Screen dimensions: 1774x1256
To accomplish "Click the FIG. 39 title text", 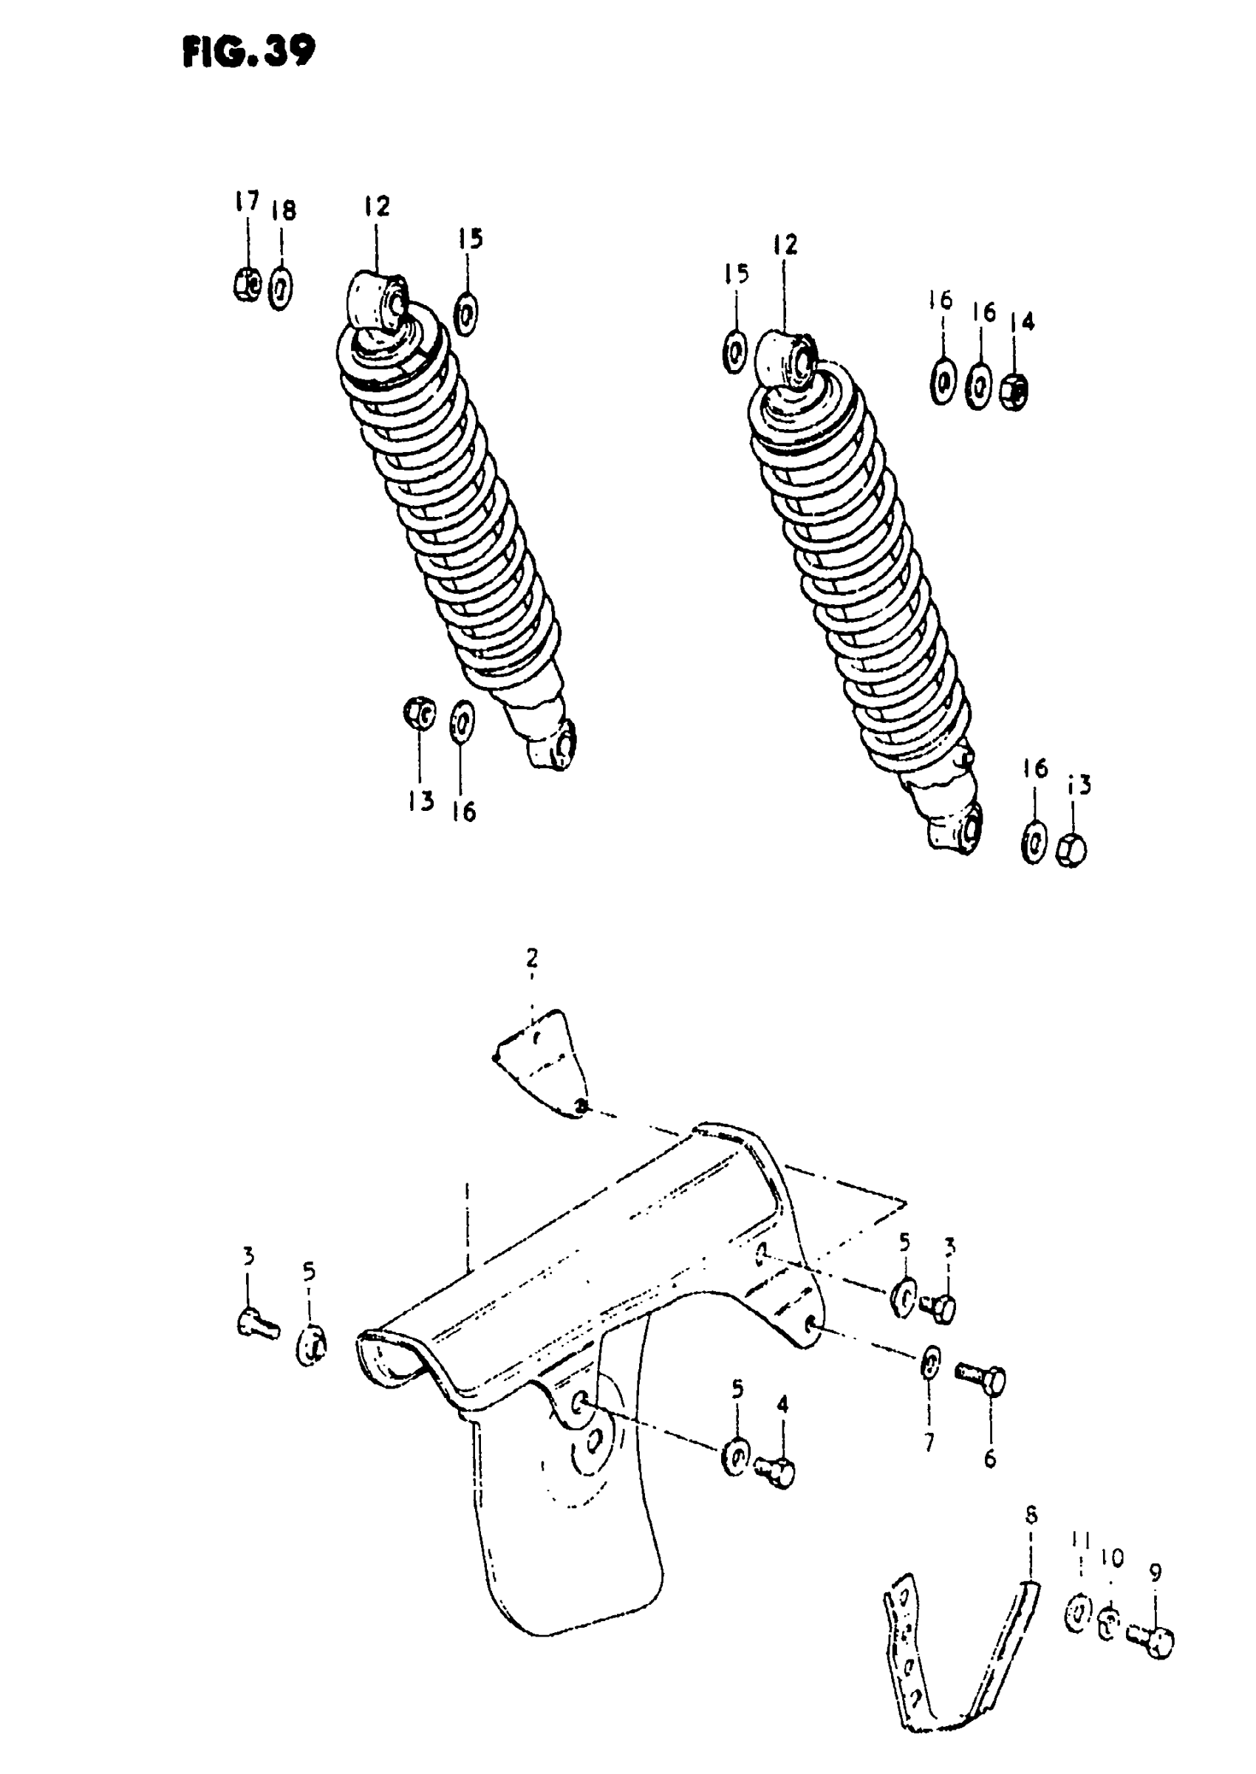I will click(x=249, y=52).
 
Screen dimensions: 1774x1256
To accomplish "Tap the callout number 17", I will click(x=247, y=202).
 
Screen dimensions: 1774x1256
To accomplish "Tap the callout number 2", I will click(x=532, y=959).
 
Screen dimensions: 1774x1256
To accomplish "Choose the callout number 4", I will click(x=782, y=1404).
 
